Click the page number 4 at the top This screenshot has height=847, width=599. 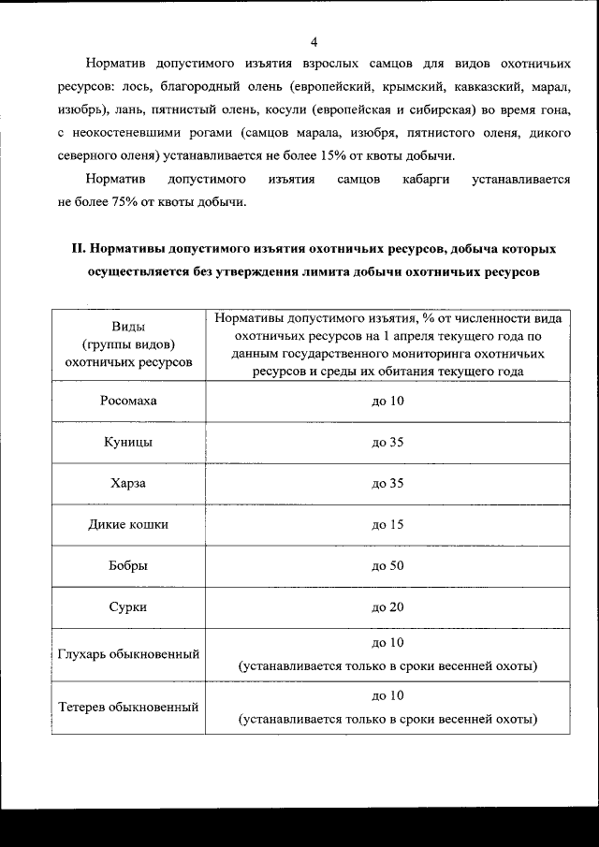pyautogui.click(x=314, y=42)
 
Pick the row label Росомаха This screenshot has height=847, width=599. pyautogui.click(x=128, y=402)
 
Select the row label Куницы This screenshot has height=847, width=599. pyautogui.click(x=128, y=443)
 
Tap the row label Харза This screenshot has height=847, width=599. pyautogui.click(x=128, y=484)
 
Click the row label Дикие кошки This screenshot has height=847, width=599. pyautogui.click(x=128, y=525)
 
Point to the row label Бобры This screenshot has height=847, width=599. pyautogui.click(x=128, y=566)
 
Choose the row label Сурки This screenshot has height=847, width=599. pyautogui.click(x=128, y=607)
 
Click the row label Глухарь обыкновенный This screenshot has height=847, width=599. pyautogui.click(x=128, y=654)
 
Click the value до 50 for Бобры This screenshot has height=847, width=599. pyautogui.click(x=387, y=566)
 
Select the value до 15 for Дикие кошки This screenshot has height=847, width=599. pyautogui.click(x=387, y=525)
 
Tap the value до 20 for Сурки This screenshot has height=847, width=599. pyautogui.click(x=387, y=607)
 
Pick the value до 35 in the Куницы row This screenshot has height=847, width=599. pyautogui.click(x=387, y=443)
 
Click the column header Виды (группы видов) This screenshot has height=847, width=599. pyautogui.click(x=128, y=343)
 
